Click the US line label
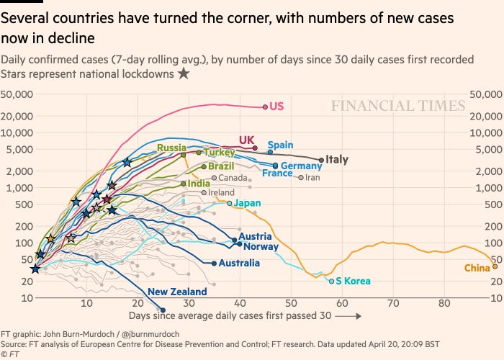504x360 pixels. [x=276, y=107]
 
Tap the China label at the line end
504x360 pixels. [x=477, y=269]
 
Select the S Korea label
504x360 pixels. [x=353, y=281]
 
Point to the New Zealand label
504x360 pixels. [x=177, y=292]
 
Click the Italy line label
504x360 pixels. [x=337, y=159]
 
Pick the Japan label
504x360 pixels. [x=247, y=203]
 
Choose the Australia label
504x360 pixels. [x=238, y=263]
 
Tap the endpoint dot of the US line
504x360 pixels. [x=265, y=107]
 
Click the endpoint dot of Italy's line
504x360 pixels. [x=321, y=159]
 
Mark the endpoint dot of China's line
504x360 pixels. [x=495, y=267]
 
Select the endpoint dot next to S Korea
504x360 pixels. [x=332, y=281]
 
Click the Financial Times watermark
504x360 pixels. [x=398, y=107]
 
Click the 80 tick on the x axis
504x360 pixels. [x=444, y=304]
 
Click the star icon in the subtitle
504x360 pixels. [x=184, y=73]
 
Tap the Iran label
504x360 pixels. [x=312, y=177]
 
